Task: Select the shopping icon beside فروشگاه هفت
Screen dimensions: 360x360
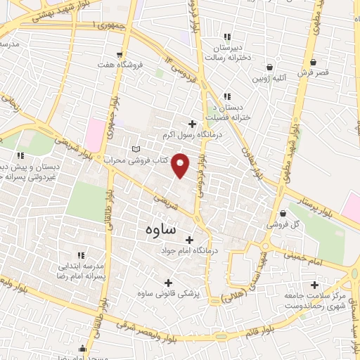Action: point(122,55)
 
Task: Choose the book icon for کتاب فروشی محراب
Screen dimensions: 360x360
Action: point(136,150)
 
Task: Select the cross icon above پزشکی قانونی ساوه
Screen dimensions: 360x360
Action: point(167,283)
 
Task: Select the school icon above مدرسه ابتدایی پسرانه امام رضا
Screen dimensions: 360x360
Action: point(81,255)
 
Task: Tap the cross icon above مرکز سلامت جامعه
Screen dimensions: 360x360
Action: point(314,285)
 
